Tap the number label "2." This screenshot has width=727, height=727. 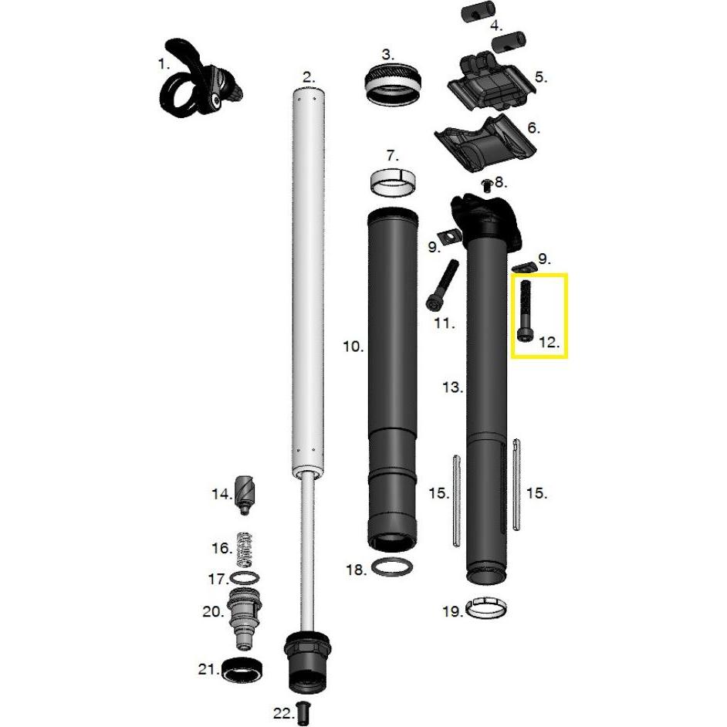[309, 76]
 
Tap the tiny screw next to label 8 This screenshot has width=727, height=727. [486, 184]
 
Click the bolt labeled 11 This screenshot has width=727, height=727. [442, 283]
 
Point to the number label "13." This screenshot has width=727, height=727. [451, 387]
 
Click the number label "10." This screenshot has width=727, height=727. [353, 347]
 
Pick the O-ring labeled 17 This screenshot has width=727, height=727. [245, 578]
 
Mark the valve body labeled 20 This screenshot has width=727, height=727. [242, 617]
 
